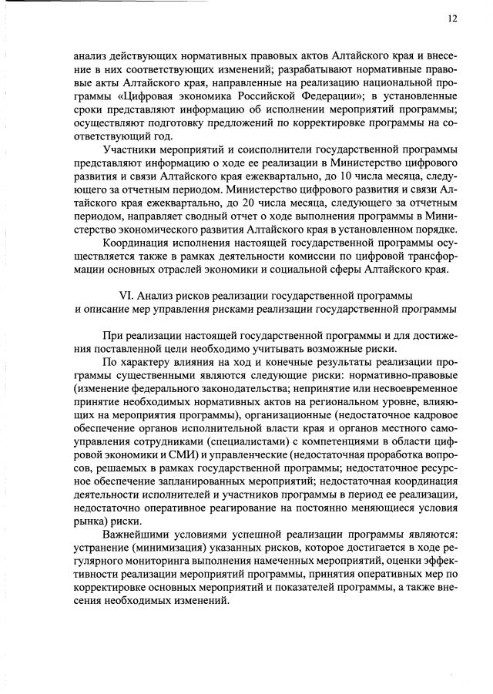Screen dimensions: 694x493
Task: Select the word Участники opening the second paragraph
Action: coord(128,149)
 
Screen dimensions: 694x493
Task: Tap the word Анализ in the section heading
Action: coord(155,297)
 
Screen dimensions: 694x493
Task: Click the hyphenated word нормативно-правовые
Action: coord(404,375)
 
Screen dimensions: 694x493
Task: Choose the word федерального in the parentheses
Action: coord(168,389)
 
